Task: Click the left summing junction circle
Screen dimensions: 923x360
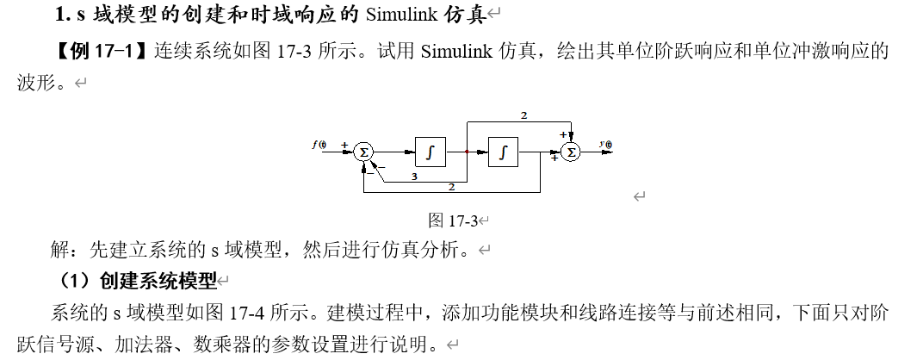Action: [363, 152]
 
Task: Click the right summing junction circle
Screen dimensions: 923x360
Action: [570, 152]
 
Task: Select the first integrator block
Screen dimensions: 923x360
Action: [430, 152]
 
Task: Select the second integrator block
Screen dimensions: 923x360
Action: [503, 152]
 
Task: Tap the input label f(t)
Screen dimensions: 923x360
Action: [320, 144]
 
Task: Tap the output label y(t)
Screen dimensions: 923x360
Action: [607, 144]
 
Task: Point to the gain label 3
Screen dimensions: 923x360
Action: [414, 177]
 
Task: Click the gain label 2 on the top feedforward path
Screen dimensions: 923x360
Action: [523, 115]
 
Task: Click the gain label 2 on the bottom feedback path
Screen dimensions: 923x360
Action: [451, 186]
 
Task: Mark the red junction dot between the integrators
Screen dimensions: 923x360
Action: [467, 152]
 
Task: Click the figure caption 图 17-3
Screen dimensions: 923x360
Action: [453, 220]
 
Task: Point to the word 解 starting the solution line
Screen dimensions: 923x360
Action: [60, 251]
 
